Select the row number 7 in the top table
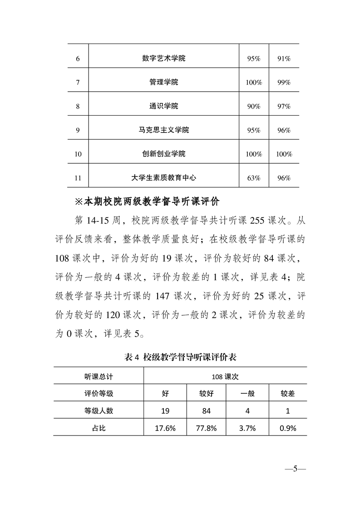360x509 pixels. (78, 83)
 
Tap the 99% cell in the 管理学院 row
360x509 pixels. (284, 83)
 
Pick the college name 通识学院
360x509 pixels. (163, 106)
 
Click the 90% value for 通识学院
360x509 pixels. (254, 106)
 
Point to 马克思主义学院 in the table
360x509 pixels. (163, 130)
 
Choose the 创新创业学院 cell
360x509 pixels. (163, 154)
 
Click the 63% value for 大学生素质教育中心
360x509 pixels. (254, 178)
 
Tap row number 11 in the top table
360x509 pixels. (78, 178)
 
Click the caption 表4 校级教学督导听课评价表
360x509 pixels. (180, 357)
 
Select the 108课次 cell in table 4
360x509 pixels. (225, 376)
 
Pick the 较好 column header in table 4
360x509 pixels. (207, 393)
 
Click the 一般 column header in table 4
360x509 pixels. (247, 393)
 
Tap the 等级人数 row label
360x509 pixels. (99, 411)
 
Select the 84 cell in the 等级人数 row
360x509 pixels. (207, 411)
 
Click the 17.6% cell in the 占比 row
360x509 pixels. (165, 427)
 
